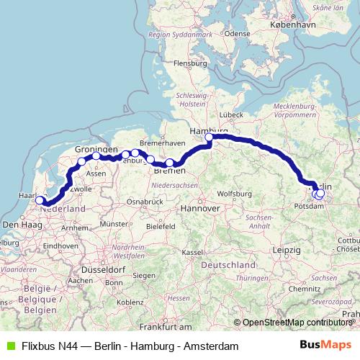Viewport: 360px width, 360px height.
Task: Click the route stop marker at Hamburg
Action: click(210, 137)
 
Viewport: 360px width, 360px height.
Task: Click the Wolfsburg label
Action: click(232, 194)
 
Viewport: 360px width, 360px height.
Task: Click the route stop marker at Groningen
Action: click(96, 156)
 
